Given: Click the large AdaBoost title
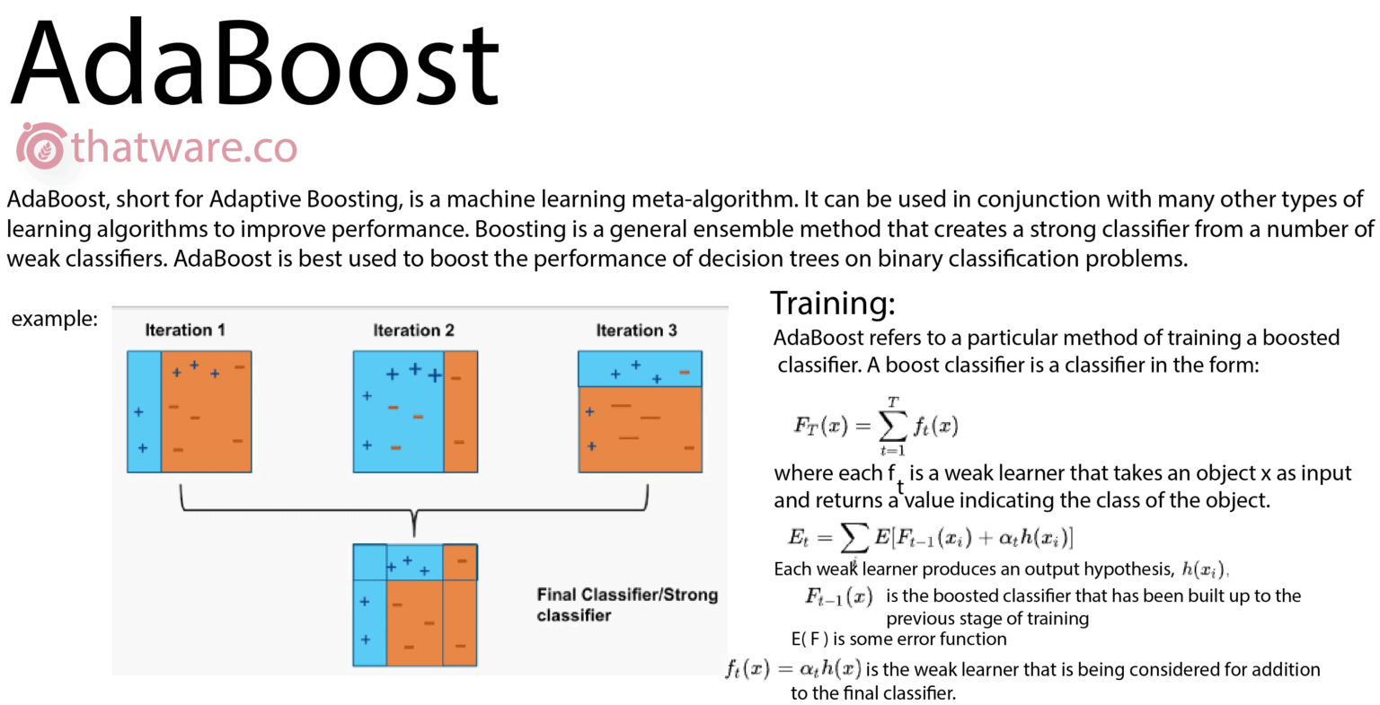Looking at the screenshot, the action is tap(254, 63).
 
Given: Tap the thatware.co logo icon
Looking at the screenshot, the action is tap(41, 145).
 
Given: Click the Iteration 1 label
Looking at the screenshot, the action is tap(185, 330).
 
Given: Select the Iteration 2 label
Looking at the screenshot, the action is tap(413, 330).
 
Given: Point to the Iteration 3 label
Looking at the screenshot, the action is tap(636, 330).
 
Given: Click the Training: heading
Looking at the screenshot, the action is tap(832, 303).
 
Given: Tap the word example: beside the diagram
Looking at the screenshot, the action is tap(54, 318).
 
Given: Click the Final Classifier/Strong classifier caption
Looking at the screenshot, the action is tap(627, 604).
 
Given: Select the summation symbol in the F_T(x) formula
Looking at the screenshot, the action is tap(893, 426).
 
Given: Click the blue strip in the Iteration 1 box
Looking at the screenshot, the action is tap(144, 411).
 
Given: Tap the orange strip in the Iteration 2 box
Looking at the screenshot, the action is tap(460, 411).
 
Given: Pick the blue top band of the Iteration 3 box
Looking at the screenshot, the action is tap(640, 369).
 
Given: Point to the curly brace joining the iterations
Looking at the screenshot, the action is tap(414, 510).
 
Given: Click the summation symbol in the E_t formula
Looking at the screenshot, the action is tap(854, 538).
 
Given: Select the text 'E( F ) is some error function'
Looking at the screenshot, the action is tap(898, 639).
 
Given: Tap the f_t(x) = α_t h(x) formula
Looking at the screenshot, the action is tap(793, 669).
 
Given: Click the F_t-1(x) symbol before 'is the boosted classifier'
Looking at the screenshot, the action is tap(839, 596).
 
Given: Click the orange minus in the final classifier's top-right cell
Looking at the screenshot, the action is tap(462, 561).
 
